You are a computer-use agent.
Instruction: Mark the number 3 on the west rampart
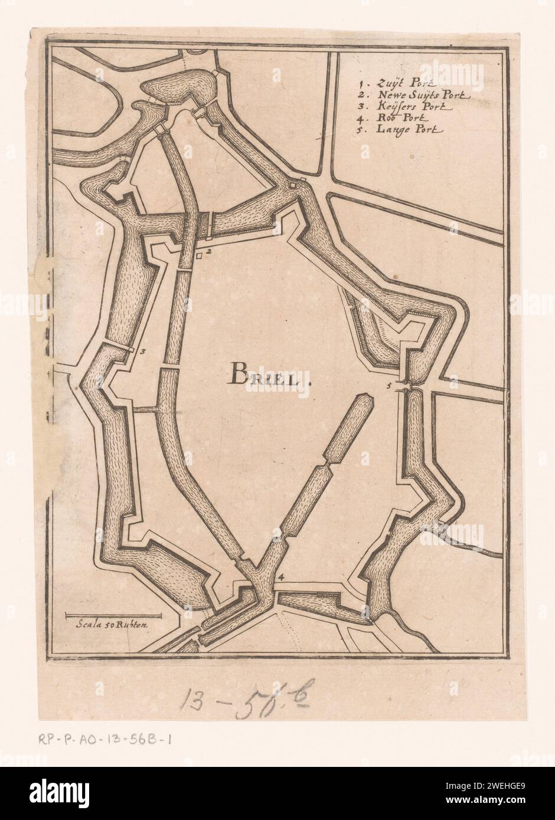coord(143,351)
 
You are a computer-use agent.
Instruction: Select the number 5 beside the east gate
coord(389,386)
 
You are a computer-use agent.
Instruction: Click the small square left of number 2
coord(200,254)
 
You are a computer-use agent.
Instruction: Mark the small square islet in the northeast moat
coord(294,186)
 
